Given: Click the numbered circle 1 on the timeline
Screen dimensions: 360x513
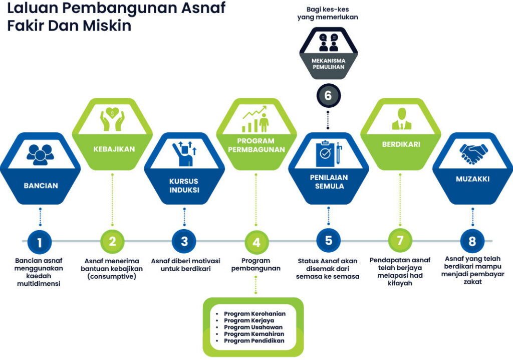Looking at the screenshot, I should click(x=40, y=242).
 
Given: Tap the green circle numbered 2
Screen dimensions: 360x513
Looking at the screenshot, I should click(x=112, y=241).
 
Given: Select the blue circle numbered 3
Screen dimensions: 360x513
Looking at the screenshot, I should click(x=184, y=241).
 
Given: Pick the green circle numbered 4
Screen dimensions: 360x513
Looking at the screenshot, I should click(x=256, y=242).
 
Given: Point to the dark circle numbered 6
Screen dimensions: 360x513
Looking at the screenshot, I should click(x=328, y=95).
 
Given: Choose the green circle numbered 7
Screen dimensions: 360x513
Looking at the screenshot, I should click(x=400, y=241).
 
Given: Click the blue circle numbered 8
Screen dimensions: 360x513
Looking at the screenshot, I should click(x=472, y=242).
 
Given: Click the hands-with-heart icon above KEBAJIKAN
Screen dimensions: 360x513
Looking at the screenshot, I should click(x=112, y=120).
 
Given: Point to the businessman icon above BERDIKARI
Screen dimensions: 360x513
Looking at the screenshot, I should click(x=400, y=120).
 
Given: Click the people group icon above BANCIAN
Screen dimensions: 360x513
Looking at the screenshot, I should click(x=41, y=154).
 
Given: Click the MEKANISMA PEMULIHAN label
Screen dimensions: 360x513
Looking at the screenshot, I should click(x=328, y=64).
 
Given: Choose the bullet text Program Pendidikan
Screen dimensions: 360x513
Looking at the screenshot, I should click(x=254, y=340).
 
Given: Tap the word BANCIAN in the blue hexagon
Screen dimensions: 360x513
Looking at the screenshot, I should click(x=41, y=186).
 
